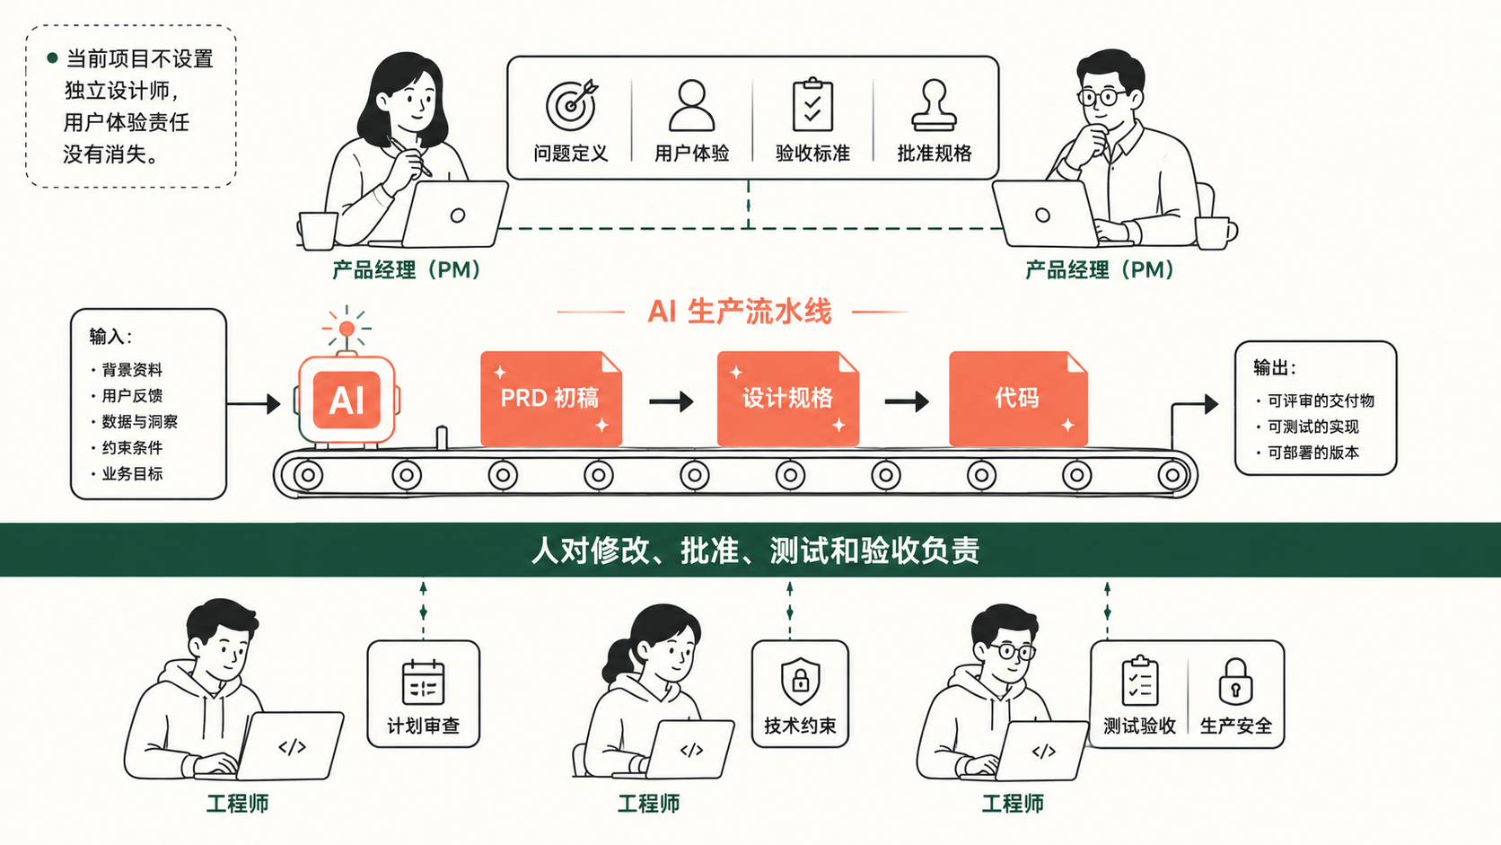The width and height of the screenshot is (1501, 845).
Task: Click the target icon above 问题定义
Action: click(571, 105)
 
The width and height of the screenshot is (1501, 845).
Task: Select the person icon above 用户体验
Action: click(691, 105)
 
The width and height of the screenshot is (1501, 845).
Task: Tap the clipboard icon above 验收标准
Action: click(812, 104)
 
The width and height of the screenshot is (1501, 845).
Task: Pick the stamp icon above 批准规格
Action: click(934, 104)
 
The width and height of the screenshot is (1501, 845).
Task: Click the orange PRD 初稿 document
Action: click(551, 399)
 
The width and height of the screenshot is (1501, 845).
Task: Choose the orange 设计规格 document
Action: click(788, 399)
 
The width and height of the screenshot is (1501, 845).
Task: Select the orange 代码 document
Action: click(1018, 399)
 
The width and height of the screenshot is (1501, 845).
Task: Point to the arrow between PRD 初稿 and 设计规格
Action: click(671, 401)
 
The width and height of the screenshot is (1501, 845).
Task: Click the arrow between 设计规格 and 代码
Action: click(907, 401)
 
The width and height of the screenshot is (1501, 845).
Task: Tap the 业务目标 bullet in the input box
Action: click(127, 474)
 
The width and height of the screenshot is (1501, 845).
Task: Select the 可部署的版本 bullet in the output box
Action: click(1308, 453)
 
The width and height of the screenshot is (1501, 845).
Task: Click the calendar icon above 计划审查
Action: click(424, 682)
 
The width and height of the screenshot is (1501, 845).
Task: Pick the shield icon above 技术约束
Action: click(800, 681)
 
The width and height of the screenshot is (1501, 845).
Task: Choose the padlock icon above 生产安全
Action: click(1235, 682)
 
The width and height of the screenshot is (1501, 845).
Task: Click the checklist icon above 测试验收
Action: click(1140, 681)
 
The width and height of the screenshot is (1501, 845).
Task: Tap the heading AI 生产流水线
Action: click(740, 312)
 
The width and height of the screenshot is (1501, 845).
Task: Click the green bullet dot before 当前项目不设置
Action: click(52, 58)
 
